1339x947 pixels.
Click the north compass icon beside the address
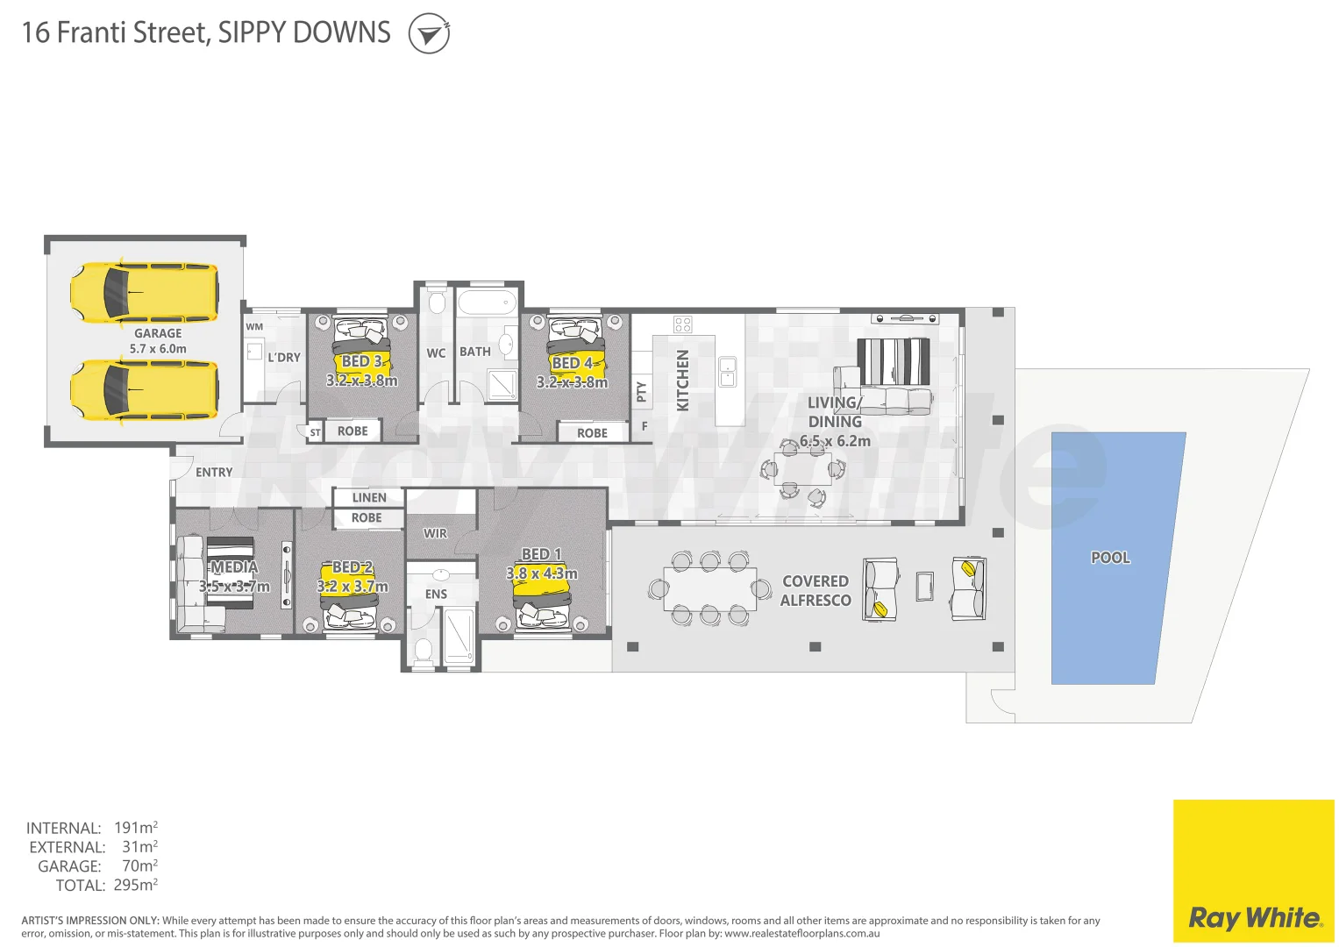pos(429,34)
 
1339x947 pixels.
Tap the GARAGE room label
pos(158,333)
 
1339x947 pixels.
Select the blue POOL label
pos(1110,558)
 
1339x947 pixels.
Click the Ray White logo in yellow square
pos(1254,917)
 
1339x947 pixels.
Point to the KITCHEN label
pos(683,381)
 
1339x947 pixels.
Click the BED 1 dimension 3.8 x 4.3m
pos(542,573)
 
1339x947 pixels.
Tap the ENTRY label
pos(214,472)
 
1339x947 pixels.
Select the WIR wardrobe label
pos(435,533)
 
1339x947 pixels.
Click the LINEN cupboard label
pos(368,497)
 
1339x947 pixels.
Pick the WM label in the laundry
pos(254,327)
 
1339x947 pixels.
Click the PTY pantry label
pos(641,391)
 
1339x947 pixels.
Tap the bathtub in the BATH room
pos(486,303)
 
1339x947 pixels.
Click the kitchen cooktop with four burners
pos(683,324)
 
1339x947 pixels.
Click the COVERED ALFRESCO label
pos(816,591)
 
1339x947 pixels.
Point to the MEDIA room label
pos(234,567)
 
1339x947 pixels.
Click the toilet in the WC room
pos(437,303)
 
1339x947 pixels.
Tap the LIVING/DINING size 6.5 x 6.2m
pos(835,441)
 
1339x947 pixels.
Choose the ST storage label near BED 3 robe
pos(315,432)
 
